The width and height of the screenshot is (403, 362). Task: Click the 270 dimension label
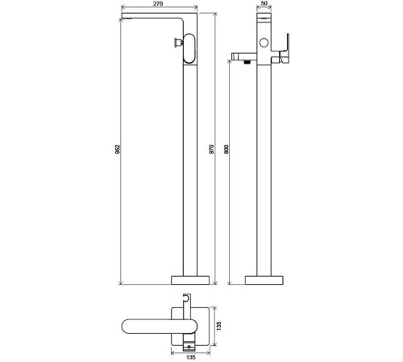tap(159, 3)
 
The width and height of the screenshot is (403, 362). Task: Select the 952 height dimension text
tap(118, 149)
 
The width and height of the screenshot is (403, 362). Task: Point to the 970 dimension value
tap(211, 149)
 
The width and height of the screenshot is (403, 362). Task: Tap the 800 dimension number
tap(226, 149)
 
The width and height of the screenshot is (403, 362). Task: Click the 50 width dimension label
tap(264, 3)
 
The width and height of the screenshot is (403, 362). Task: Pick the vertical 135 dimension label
tap(219, 326)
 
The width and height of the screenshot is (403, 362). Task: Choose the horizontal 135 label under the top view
tap(190, 357)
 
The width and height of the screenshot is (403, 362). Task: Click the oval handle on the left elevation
tap(189, 48)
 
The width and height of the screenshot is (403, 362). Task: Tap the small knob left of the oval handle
tap(178, 43)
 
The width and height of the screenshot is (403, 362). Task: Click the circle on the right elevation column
tap(264, 43)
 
